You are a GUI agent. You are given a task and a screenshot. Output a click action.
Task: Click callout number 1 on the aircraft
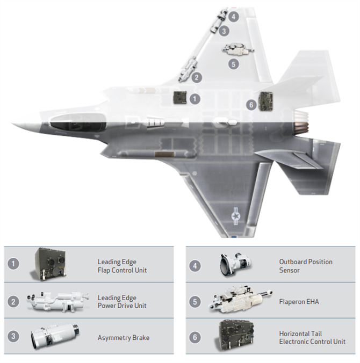(x=195, y=99)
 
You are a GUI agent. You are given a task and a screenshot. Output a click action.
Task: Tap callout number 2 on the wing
(x=197, y=77)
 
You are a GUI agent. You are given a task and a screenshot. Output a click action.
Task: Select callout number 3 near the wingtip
(x=224, y=31)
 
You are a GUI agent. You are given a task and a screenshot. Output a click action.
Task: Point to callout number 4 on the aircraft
(x=234, y=17)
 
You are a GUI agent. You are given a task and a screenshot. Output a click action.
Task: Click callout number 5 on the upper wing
(x=234, y=64)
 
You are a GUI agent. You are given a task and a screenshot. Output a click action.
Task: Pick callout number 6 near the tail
(x=251, y=105)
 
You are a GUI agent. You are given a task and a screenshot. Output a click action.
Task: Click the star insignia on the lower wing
(x=236, y=216)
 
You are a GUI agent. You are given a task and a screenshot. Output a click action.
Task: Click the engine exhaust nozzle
(x=301, y=122)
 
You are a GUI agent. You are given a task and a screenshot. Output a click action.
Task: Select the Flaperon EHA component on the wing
(x=238, y=49)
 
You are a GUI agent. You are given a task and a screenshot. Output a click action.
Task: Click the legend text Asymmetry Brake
(x=124, y=338)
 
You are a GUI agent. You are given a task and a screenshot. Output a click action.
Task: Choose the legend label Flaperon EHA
(x=299, y=302)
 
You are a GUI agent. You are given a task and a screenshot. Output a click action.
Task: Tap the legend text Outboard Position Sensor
(x=306, y=266)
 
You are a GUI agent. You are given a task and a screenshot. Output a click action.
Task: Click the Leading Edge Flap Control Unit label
(x=122, y=266)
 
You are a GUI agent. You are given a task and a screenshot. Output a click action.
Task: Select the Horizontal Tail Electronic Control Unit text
(x=312, y=338)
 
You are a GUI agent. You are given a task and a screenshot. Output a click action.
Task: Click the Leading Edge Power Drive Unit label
(x=122, y=302)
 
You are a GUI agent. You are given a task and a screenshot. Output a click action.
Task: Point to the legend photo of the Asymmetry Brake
(x=55, y=336)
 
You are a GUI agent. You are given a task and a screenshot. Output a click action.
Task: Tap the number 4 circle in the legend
(x=195, y=266)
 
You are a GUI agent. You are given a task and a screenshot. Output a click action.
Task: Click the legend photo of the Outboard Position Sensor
(x=235, y=264)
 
